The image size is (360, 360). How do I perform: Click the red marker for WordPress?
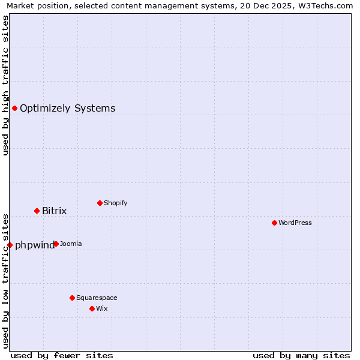pyautogui.click(x=274, y=223)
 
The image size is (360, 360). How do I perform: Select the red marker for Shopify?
pyautogui.click(x=100, y=203)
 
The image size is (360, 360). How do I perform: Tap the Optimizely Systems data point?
pyautogui.click(x=14, y=108)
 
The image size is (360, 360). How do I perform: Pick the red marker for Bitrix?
pyautogui.click(x=37, y=211)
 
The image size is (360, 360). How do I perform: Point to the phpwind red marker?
pyautogui.click(x=10, y=245)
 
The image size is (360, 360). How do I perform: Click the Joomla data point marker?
pyautogui.click(x=56, y=244)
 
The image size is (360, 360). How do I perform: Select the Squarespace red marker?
pyautogui.click(x=72, y=298)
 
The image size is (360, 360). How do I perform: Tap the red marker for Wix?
pyautogui.click(x=92, y=308)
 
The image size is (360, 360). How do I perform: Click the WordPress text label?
pyautogui.click(x=295, y=223)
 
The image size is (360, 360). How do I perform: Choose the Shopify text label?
pyautogui.click(x=116, y=203)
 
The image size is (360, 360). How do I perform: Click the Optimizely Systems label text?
pyautogui.click(x=68, y=108)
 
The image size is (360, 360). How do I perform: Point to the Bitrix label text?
pyautogui.click(x=55, y=211)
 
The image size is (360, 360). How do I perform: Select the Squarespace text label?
pyautogui.click(x=97, y=298)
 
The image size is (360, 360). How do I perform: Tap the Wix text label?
pyautogui.click(x=102, y=308)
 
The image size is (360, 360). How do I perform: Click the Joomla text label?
pyautogui.click(x=71, y=244)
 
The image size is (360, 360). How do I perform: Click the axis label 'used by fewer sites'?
pyautogui.click(x=62, y=355)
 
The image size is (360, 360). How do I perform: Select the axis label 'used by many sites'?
pyautogui.click(x=301, y=355)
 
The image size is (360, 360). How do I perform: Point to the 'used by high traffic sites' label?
pyautogui.click(x=5, y=85)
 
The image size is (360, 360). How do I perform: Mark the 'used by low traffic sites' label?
pyautogui.click(x=5, y=280)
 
